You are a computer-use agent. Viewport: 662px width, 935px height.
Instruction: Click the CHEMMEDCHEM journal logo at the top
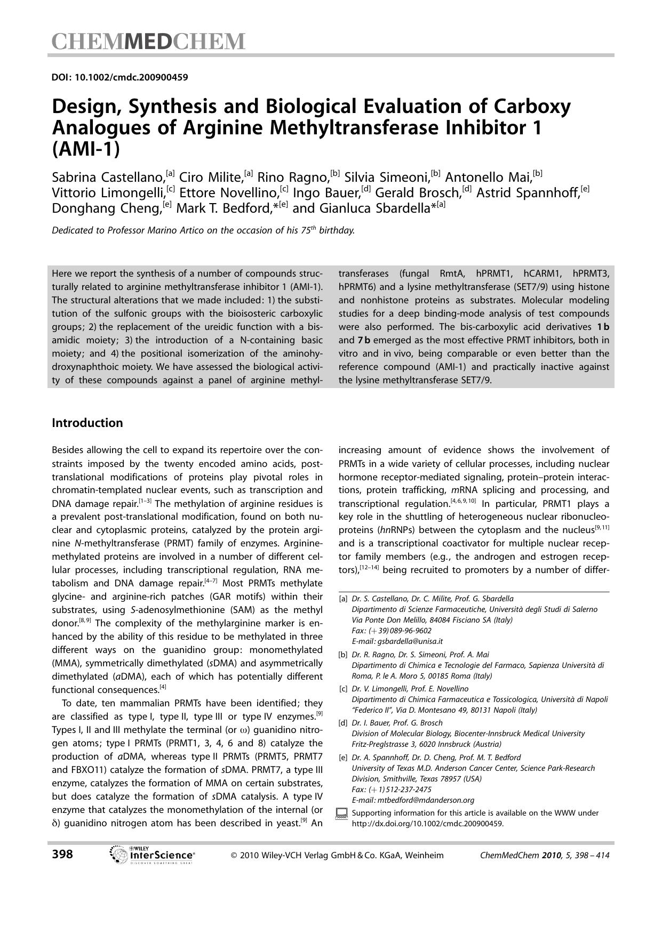click(148, 42)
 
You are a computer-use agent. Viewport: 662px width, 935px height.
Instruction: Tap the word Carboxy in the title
click(531, 107)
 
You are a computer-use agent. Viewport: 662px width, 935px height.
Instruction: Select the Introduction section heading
click(87, 423)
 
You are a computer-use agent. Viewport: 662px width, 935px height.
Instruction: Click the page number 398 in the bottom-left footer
click(62, 854)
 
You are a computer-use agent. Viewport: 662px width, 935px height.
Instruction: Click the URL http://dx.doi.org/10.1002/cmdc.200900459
click(427, 824)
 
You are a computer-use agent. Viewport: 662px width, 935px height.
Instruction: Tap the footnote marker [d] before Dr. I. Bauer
click(343, 723)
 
